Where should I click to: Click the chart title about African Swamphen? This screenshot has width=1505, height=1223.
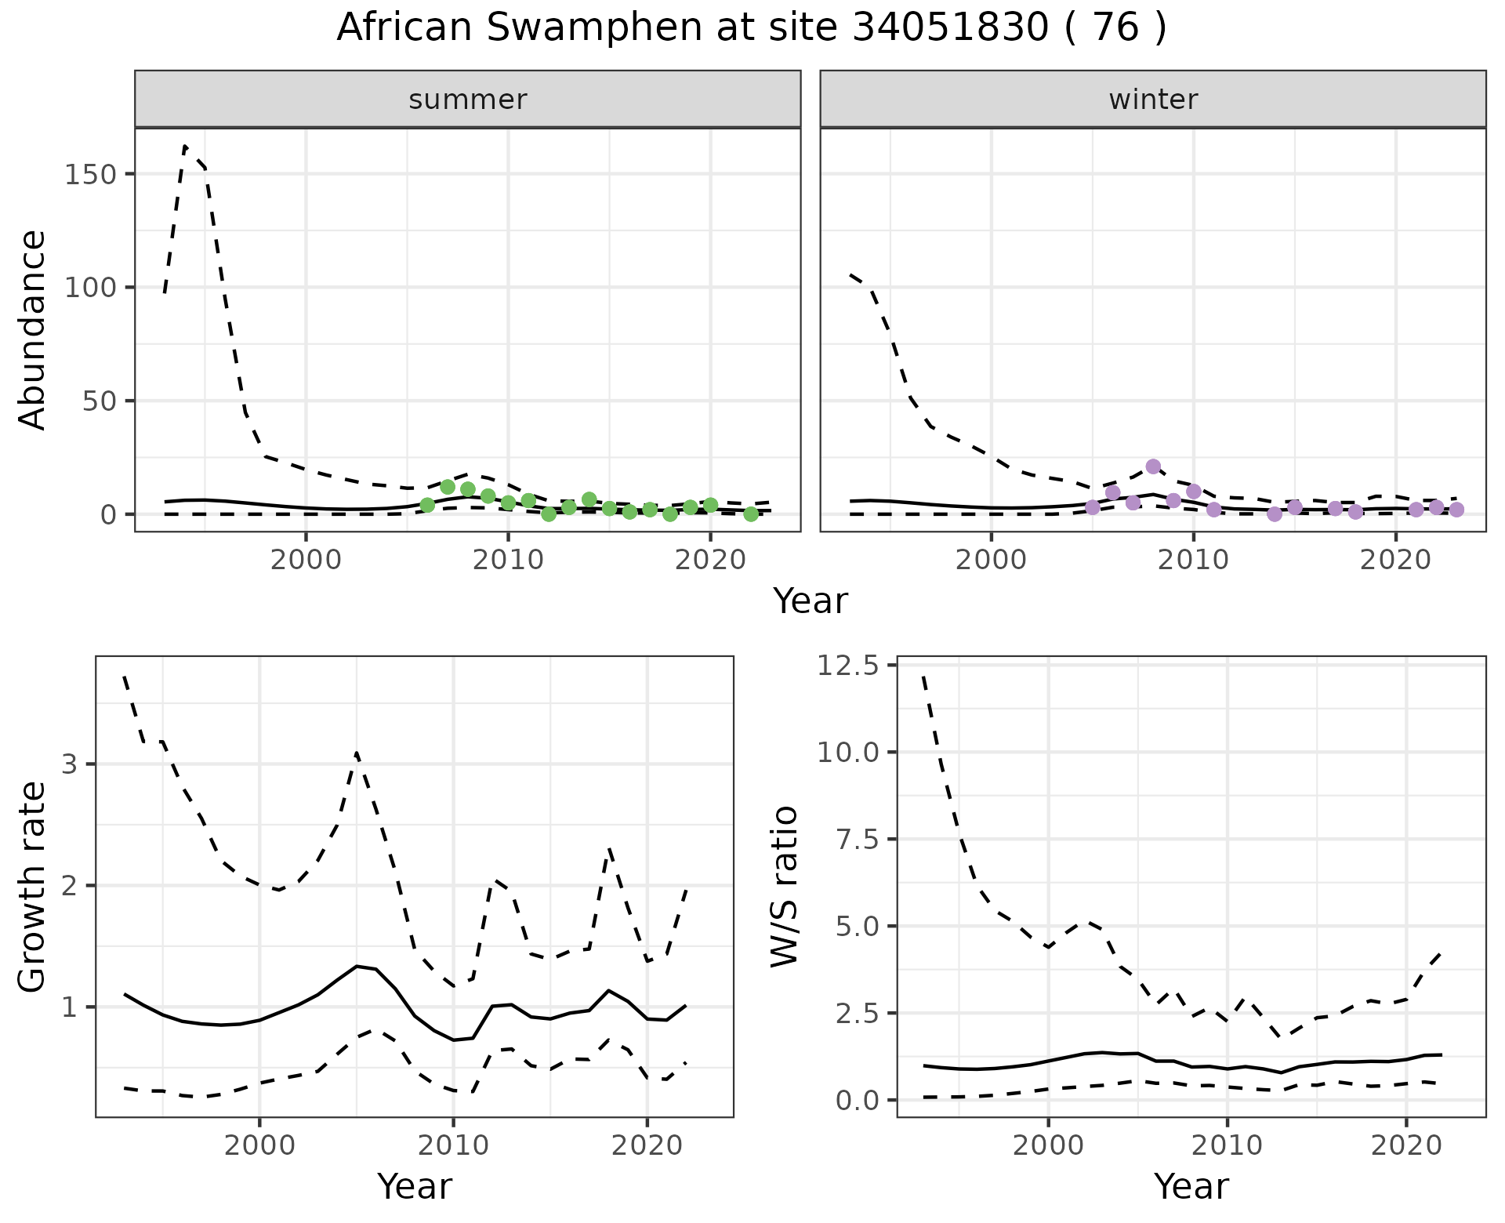pyautogui.click(x=752, y=29)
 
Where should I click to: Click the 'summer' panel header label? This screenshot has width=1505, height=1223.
pyautogui.click(x=468, y=100)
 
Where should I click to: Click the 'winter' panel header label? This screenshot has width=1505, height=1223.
pyautogui.click(x=1153, y=100)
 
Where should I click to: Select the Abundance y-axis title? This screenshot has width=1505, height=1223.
pyautogui.click(x=33, y=329)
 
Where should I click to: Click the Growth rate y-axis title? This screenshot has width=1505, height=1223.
pyautogui.click(x=33, y=886)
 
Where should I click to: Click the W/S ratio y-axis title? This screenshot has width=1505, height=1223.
pyautogui.click(x=784, y=886)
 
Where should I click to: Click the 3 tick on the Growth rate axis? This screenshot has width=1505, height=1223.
pyautogui.click(x=69, y=764)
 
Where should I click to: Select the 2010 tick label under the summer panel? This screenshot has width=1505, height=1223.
pyautogui.click(x=508, y=561)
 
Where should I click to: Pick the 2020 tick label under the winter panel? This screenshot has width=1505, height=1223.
pyautogui.click(x=1395, y=561)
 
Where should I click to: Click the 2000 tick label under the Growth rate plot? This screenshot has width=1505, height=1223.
pyautogui.click(x=259, y=1145)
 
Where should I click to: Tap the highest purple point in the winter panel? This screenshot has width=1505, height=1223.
pyautogui.click(x=1153, y=466)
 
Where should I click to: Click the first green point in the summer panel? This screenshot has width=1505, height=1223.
pyautogui.click(x=427, y=505)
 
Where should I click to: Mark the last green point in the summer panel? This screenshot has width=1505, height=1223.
pyautogui.click(x=751, y=514)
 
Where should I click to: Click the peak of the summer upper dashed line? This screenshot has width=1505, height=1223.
pyautogui.click(x=185, y=146)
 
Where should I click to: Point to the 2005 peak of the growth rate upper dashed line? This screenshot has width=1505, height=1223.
pyautogui.click(x=357, y=753)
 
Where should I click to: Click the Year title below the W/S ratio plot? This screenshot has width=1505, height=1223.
pyautogui.click(x=1191, y=1186)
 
